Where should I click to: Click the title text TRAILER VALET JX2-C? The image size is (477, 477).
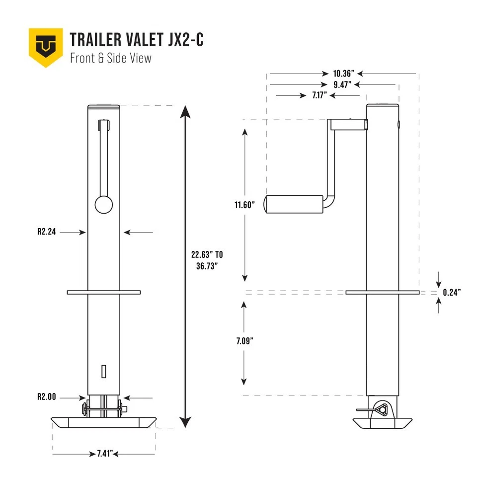pos(137,40)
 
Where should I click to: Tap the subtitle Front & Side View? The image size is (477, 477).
pos(110,58)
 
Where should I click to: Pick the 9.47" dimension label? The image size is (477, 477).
pos(343,84)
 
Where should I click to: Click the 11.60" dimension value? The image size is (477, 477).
pos(245,205)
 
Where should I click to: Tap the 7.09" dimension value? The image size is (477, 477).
pos(245,341)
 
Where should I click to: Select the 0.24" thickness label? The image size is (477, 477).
pos(452,293)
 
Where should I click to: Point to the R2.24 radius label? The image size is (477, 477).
pos(46,232)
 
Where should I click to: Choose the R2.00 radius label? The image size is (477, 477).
pos(46,397)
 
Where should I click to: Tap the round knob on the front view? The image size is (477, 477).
pos(103,204)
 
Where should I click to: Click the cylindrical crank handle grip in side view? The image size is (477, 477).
pos(293,204)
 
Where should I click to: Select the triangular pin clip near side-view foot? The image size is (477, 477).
pos(383,409)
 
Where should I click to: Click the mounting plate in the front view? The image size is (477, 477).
pos(104,292)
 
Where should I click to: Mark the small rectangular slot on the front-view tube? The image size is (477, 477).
pos(103,370)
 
